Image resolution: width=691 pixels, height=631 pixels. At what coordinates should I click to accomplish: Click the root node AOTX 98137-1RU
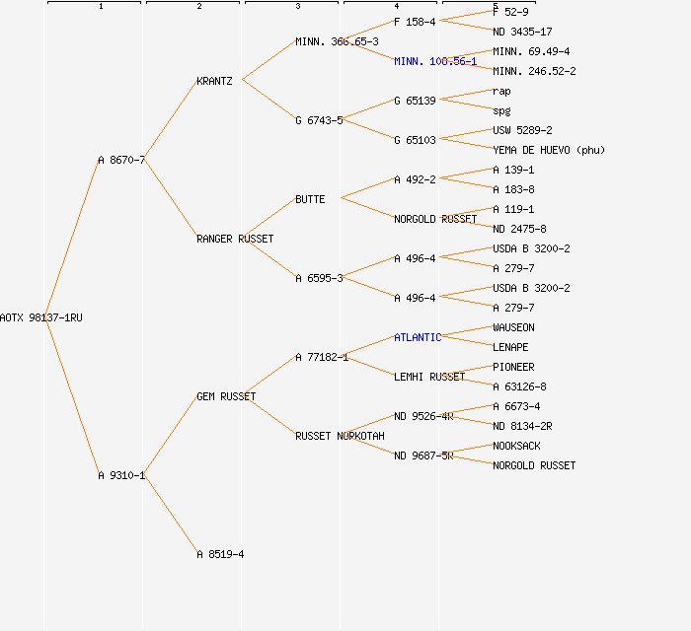coord(41,317)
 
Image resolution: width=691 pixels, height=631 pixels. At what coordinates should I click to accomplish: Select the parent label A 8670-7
coord(121,160)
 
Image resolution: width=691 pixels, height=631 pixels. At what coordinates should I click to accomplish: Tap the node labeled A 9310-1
coord(121,475)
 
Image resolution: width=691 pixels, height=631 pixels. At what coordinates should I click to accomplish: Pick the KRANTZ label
coord(214,81)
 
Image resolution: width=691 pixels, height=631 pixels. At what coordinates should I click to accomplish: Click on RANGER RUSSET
coord(235,239)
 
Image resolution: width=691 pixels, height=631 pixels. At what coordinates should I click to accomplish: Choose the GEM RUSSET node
coord(226,396)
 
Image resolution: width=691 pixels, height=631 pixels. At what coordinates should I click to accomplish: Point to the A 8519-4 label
coord(220,554)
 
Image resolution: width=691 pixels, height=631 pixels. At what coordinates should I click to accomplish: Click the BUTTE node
coord(310,199)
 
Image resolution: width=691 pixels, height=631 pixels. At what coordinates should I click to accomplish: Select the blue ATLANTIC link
coord(418,337)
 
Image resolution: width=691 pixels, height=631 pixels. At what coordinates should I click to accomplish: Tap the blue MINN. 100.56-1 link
coord(435,61)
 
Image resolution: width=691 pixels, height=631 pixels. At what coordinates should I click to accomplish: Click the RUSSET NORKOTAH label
coord(340,436)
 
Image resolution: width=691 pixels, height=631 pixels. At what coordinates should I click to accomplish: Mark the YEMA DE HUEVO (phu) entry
coord(549,150)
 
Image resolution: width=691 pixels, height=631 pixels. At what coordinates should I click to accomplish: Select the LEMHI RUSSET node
coord(429,377)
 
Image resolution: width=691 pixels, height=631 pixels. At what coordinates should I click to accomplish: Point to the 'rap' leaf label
coord(501,91)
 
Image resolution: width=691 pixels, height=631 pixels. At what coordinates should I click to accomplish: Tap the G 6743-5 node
coord(319,120)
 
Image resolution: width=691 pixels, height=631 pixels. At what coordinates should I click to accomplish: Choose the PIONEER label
coord(513,367)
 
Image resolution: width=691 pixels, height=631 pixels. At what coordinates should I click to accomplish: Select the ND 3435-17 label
coord(522,32)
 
